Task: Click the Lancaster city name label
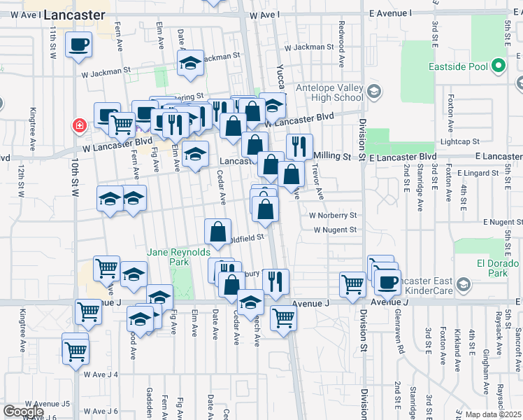click(74, 15)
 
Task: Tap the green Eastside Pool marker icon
click(498, 67)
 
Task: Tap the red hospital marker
click(80, 127)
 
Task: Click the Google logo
click(24, 412)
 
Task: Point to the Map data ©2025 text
click(494, 414)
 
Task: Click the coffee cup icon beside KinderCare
click(387, 282)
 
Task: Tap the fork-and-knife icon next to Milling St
click(299, 146)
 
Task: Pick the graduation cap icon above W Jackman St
click(190, 63)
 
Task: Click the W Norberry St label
click(335, 216)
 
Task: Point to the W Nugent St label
click(335, 230)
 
